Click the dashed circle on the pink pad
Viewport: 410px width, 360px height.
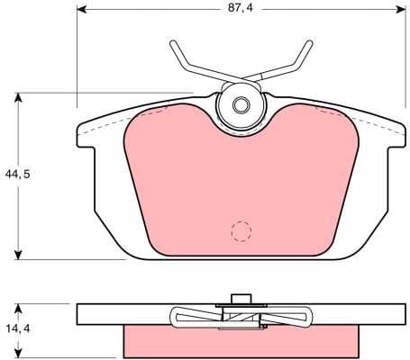tap(240, 231)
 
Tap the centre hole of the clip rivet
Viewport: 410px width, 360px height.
tap(240, 105)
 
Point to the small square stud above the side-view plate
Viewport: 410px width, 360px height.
tap(240, 300)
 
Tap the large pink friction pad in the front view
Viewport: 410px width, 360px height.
tap(240, 180)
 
